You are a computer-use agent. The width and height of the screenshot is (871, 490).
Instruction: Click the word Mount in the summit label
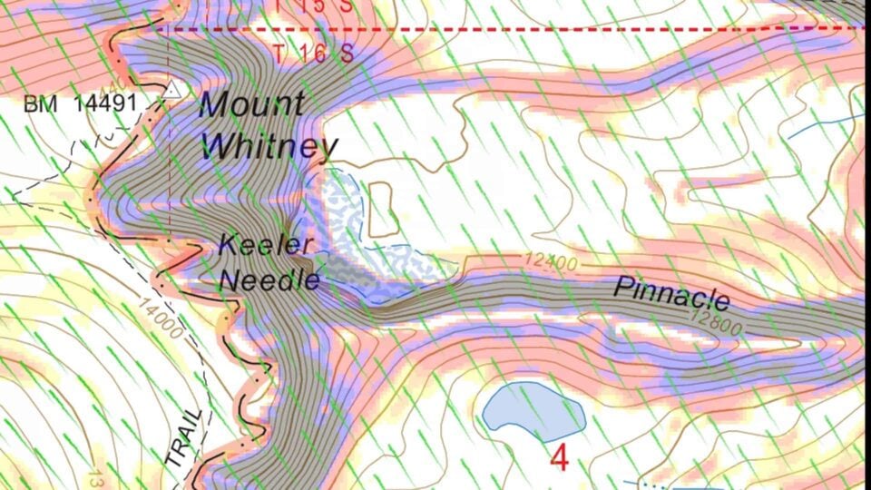pos(251,103)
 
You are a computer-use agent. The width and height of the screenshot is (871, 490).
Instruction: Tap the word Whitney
pos(269,145)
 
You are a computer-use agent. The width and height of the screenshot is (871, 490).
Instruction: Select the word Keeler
pos(266,244)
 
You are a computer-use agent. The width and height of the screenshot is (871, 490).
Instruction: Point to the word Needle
pos(270,279)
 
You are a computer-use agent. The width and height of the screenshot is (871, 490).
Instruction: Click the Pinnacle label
pos(672,293)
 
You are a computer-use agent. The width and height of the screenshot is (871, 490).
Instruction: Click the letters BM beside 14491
pos(41,103)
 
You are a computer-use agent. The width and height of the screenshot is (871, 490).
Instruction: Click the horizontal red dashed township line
pos(544,29)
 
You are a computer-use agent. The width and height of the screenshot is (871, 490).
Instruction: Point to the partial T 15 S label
pos(312,5)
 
